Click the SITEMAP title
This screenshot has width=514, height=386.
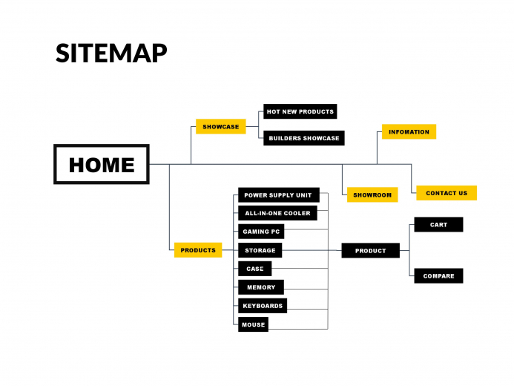[x=111, y=53]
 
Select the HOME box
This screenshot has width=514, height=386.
[x=102, y=164]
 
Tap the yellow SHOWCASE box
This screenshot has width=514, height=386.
[x=220, y=127]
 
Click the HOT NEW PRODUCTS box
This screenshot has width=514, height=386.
[x=300, y=111]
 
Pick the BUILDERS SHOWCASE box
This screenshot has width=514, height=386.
[x=304, y=138]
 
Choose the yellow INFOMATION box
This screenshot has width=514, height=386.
[x=409, y=132]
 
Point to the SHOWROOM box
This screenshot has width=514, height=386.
[x=372, y=194]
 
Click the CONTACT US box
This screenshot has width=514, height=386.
[x=447, y=193]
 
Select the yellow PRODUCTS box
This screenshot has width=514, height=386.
[x=198, y=250]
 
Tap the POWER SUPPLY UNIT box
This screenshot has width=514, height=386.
[x=279, y=195]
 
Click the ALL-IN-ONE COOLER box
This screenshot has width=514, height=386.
[x=277, y=213]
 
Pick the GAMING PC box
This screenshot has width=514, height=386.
[x=261, y=232]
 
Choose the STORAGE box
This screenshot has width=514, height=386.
[x=260, y=250]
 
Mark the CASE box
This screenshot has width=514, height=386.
[x=254, y=269]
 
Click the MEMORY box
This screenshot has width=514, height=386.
[x=261, y=287]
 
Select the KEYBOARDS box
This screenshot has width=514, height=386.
[x=263, y=306]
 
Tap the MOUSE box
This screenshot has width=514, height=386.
[x=253, y=324]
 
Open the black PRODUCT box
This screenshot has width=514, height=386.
[x=370, y=251]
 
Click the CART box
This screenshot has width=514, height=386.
[x=438, y=225]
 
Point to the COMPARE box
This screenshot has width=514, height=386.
[x=438, y=276]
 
